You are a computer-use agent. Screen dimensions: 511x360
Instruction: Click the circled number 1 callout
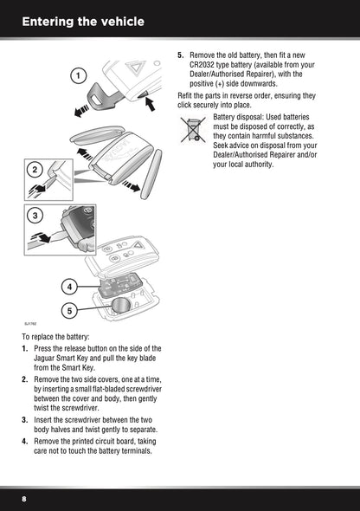78,75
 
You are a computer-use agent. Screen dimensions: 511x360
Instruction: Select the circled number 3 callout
34,214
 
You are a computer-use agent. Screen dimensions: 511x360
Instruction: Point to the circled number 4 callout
67,286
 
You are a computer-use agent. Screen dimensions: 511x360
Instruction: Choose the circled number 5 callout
67,309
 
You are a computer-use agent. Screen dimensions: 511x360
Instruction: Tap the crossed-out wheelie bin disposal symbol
194,131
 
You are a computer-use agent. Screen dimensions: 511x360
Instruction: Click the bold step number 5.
181,54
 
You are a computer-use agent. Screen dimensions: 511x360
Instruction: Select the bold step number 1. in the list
26,349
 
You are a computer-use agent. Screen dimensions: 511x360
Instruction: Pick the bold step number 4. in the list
26,441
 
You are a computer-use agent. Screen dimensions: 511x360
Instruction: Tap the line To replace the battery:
56,336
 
